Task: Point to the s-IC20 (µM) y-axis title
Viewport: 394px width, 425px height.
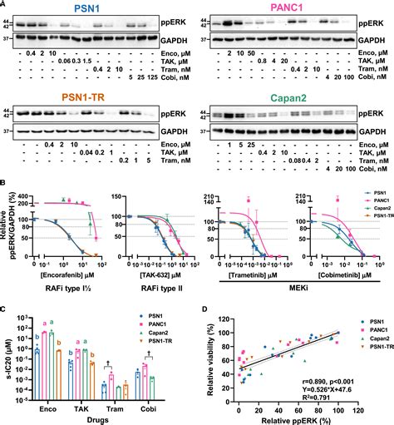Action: click(7, 349)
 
